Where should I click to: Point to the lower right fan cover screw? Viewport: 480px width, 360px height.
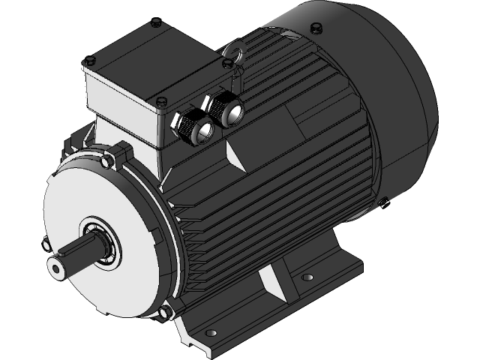tap(384, 199)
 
